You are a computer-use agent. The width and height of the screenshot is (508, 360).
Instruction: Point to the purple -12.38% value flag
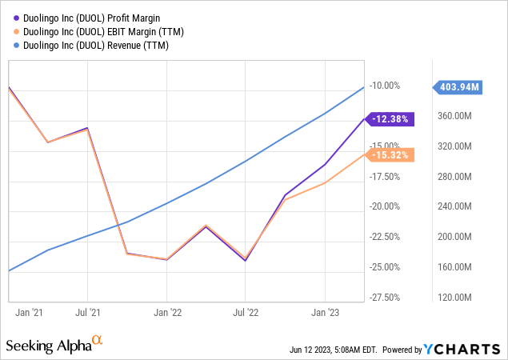[391, 119]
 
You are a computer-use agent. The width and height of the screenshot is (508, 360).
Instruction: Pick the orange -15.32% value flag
[391, 155]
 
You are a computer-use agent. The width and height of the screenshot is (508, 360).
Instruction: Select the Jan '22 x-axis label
[166, 313]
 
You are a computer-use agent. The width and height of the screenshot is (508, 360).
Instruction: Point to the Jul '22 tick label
[246, 313]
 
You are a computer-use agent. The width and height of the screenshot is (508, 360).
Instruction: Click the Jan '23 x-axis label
[325, 313]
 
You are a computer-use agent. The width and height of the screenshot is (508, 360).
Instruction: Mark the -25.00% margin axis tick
[385, 267]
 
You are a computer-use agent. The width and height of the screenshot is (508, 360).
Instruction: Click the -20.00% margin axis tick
[385, 206]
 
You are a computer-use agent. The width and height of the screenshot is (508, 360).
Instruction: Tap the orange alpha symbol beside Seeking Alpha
[98, 341]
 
